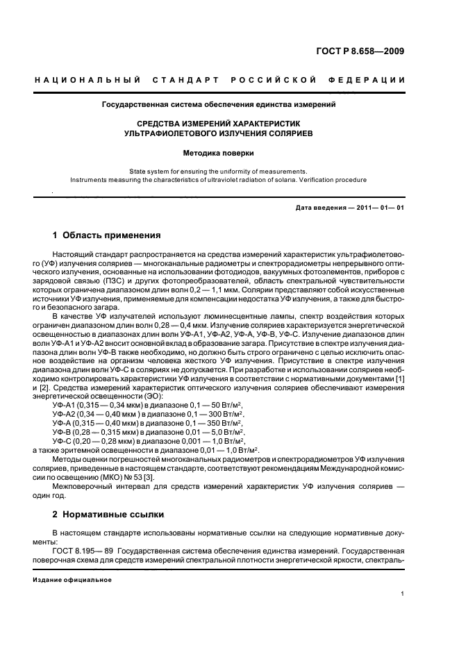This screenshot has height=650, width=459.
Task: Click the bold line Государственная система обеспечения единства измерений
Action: click(x=219, y=105)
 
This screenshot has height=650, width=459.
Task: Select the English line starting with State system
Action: click(x=219, y=170)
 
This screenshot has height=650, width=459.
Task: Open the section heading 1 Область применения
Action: click(x=106, y=235)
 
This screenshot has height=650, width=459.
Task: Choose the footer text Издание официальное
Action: click(x=72, y=579)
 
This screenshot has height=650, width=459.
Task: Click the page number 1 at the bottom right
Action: click(x=402, y=594)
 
